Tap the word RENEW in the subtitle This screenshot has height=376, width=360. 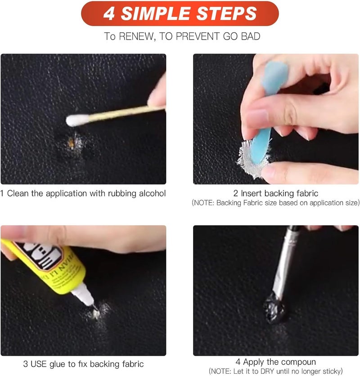[x=135, y=36]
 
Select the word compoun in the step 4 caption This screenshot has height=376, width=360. [x=298, y=362]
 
